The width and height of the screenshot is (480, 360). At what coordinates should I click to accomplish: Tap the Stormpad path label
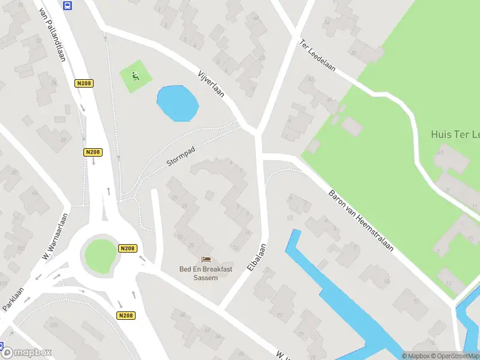pos(182,155)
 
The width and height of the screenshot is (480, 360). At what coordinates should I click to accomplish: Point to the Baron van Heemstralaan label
pos(361,220)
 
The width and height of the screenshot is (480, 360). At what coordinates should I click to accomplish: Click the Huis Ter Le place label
pos(455,134)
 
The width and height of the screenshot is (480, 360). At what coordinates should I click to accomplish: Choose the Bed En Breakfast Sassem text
pos(206,273)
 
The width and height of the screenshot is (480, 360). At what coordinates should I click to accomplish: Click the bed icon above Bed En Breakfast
pos(206,260)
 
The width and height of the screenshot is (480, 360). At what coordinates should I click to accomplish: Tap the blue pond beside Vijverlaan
pos(177,103)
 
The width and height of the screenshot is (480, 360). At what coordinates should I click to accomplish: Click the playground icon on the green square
pos(135,76)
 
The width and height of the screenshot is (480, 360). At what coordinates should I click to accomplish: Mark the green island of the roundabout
pos(100,254)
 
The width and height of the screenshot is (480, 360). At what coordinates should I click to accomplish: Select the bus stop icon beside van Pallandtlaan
pos(67,5)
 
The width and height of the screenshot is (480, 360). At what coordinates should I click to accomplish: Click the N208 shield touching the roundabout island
pos(127,248)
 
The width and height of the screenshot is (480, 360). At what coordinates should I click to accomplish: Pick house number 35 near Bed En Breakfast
pos(190,245)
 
